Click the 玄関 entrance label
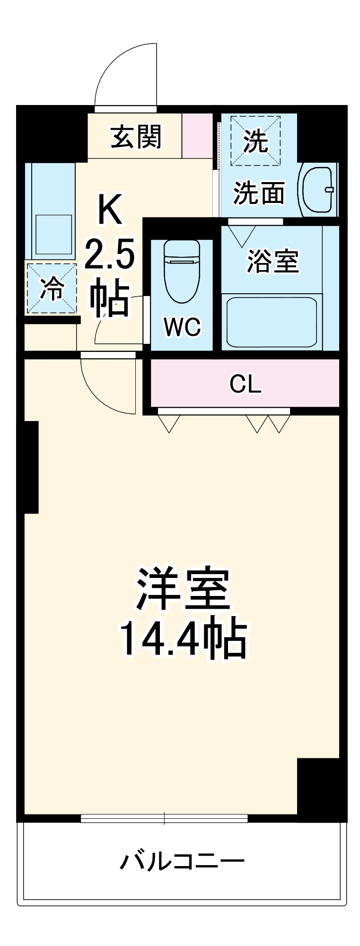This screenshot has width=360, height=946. pyautogui.click(x=136, y=137)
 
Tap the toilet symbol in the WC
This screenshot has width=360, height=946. pyautogui.click(x=182, y=271)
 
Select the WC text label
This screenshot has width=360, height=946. pyautogui.click(x=182, y=326)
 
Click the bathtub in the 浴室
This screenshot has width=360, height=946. pyautogui.click(x=271, y=322)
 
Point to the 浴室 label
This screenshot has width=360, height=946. pyautogui.click(x=273, y=261)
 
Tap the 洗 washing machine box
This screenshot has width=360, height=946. pyautogui.click(x=255, y=140)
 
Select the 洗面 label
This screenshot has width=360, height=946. pyautogui.click(x=259, y=193)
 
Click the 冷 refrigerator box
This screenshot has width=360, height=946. pyautogui.click(x=52, y=289)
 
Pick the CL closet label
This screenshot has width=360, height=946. pyautogui.click(x=245, y=384)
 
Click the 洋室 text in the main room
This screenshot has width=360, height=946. pyautogui.click(x=183, y=589)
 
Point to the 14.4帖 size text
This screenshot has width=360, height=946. pyautogui.click(x=183, y=639)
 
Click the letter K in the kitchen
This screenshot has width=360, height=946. pyautogui.click(x=110, y=210)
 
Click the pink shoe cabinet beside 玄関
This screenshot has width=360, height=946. pyautogui.click(x=197, y=136)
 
